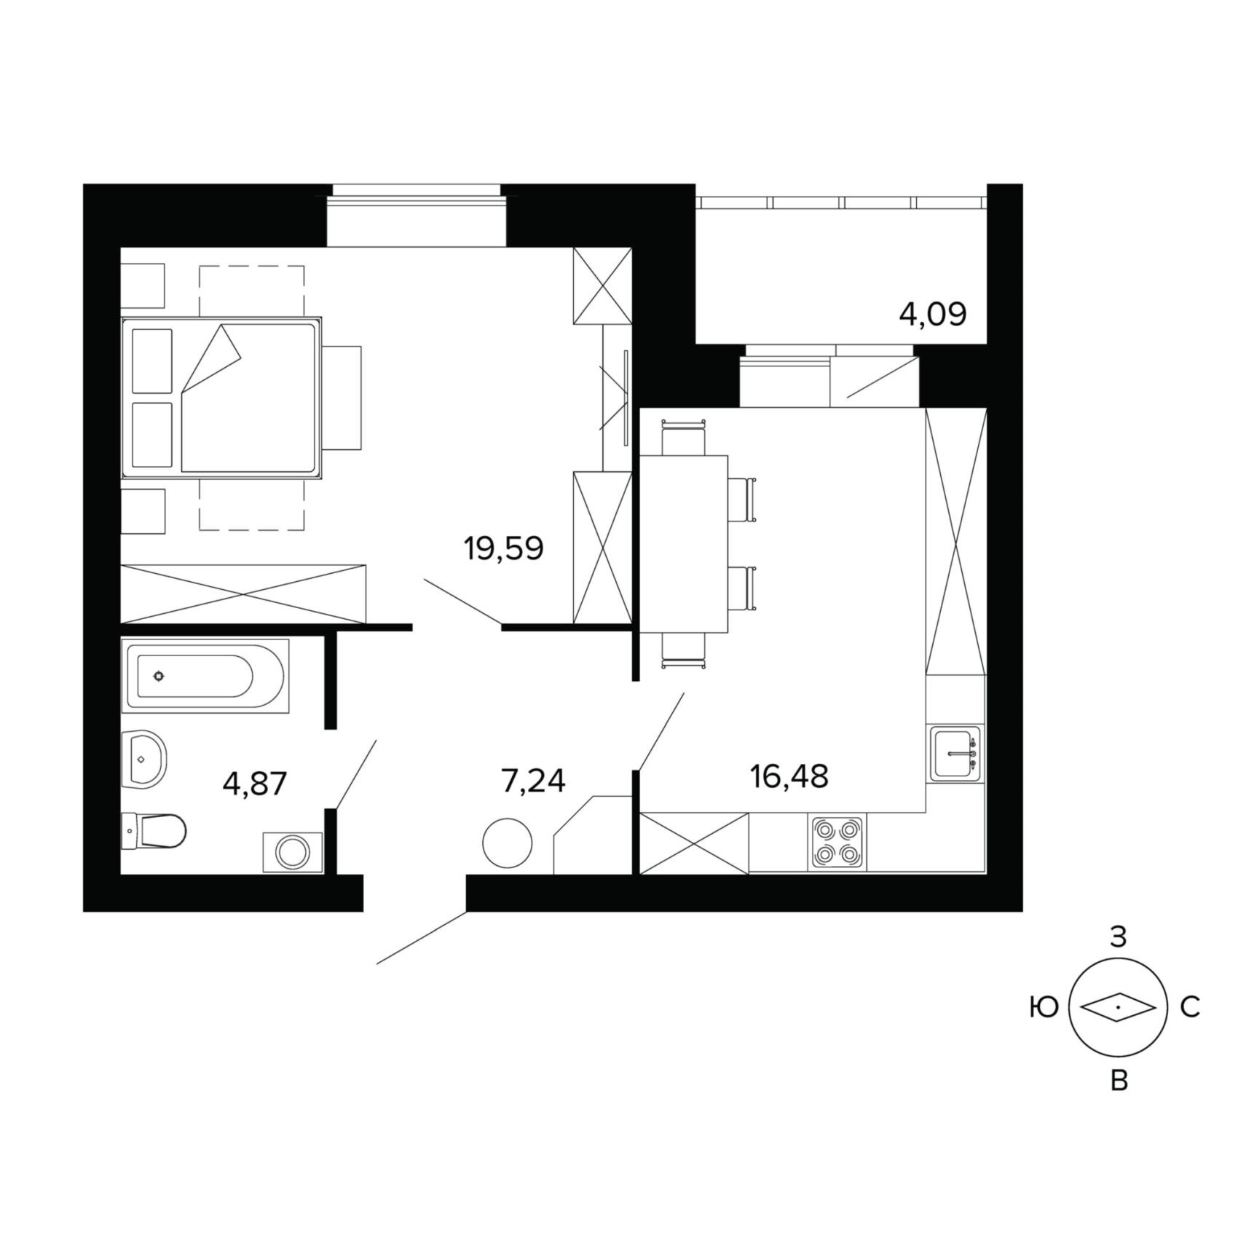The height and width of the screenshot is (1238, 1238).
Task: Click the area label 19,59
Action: pos(503,549)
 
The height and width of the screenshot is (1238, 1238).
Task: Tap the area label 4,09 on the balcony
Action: pos(933,315)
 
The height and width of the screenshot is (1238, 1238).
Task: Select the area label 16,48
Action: pos(789,777)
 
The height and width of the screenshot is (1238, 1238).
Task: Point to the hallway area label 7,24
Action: pos(533,781)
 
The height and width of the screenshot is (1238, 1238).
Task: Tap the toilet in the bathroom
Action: pos(154,831)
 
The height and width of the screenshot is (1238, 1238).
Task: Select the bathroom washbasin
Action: pos(144,759)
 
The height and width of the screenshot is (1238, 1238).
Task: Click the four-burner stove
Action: pos(837,843)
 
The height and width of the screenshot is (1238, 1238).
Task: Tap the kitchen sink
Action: pos(955,754)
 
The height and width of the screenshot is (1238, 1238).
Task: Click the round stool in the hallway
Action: pos(508,843)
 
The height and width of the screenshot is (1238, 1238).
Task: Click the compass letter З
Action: pos(1118,937)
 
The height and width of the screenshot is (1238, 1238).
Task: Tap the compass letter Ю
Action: pos(1044,1008)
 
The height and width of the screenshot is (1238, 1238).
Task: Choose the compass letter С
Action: pos(1189,1008)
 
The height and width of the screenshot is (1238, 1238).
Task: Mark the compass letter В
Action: pos(1119,1081)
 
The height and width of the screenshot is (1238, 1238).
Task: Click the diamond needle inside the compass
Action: pos(1118,1009)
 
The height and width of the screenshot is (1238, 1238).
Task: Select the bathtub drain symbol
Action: pos(159,676)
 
